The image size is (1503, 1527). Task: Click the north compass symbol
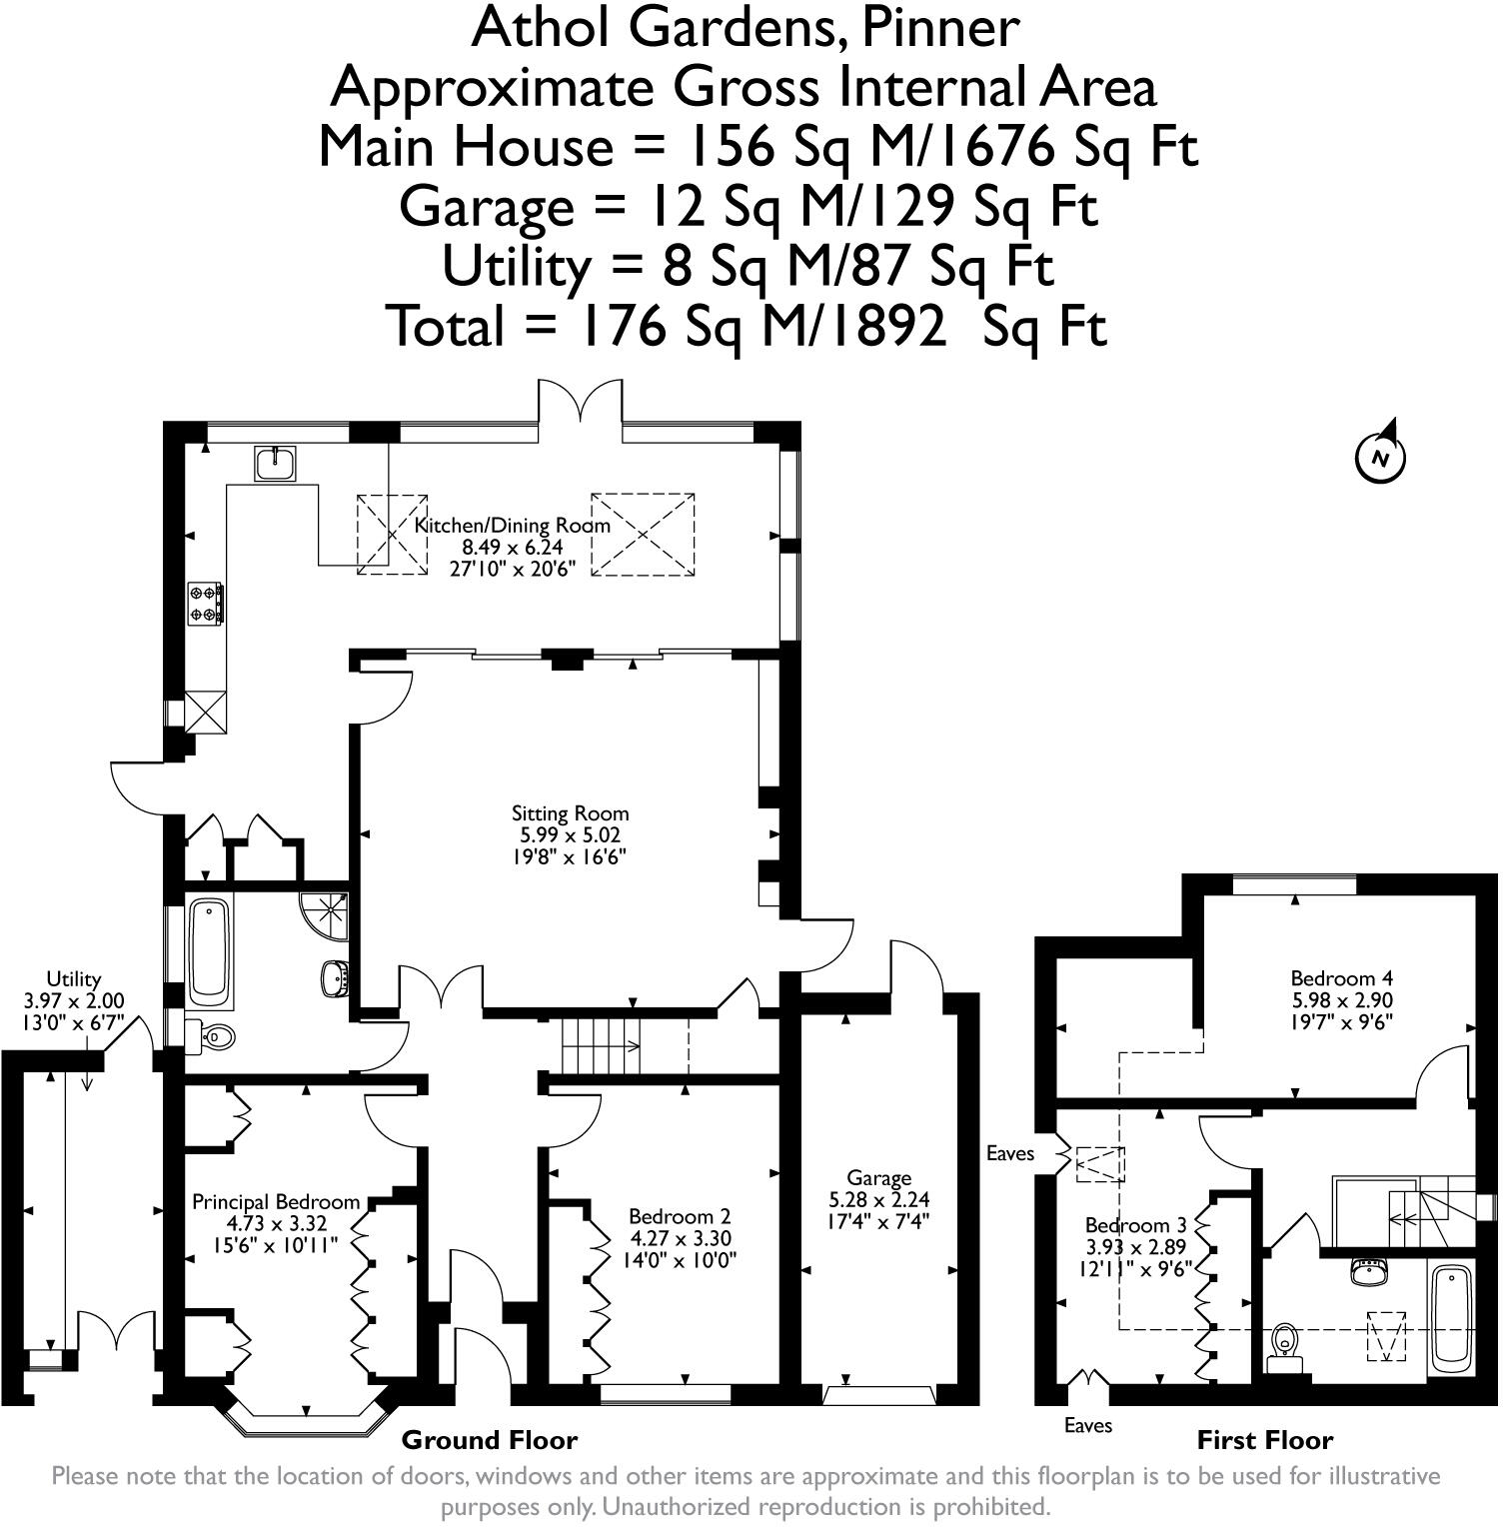pyautogui.click(x=1380, y=457)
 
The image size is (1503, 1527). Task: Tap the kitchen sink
pyautogui.click(x=275, y=463)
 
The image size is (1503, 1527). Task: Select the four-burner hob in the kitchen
pyautogui.click(x=205, y=604)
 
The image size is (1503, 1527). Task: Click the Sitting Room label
pyautogui.click(x=571, y=813)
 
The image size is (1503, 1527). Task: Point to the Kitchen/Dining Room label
pyautogui.click(x=513, y=526)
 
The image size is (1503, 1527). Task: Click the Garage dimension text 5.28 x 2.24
pyautogui.click(x=879, y=1199)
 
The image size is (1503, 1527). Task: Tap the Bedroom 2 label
pyautogui.click(x=680, y=1217)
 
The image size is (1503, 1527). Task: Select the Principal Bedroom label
pyautogui.click(x=276, y=1202)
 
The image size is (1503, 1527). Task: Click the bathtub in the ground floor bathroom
pyautogui.click(x=209, y=952)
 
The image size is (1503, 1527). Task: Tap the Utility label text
pyautogui.click(x=74, y=979)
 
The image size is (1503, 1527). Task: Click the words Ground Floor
pyautogui.click(x=490, y=1440)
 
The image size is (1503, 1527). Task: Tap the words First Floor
pyautogui.click(x=1265, y=1440)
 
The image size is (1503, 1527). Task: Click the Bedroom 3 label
pyautogui.click(x=1135, y=1225)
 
